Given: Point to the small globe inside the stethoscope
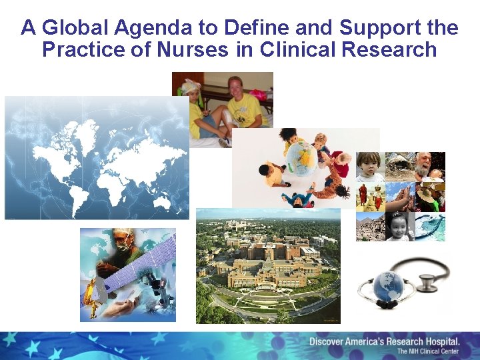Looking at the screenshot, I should click(x=388, y=287).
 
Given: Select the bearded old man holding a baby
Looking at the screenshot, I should click(x=427, y=167).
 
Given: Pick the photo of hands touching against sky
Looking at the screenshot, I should click(x=400, y=197).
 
